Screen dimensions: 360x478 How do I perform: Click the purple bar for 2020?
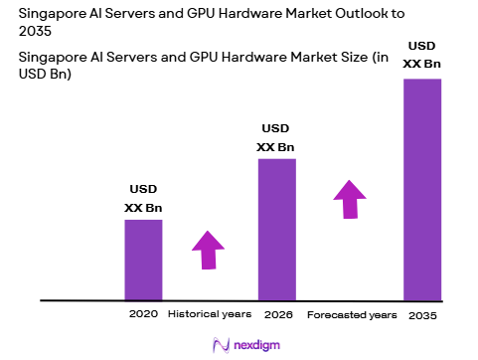tap(142, 259)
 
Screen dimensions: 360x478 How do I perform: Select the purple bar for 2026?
tap(276, 229)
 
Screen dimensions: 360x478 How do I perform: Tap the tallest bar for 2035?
tap(421, 189)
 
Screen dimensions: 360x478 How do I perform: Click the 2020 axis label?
tap(143, 314)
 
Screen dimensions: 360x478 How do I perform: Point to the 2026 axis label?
tap(277, 314)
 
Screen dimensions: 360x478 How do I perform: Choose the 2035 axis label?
tap(421, 314)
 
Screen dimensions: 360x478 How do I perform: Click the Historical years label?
tap(210, 314)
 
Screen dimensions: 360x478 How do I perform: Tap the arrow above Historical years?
tap(208, 250)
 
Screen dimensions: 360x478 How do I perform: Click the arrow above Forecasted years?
tap(349, 198)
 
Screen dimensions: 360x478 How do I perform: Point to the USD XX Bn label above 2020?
tap(143, 199)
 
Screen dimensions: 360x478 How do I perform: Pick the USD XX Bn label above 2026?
tap(276, 138)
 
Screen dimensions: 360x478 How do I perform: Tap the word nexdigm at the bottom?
tap(253, 344)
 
